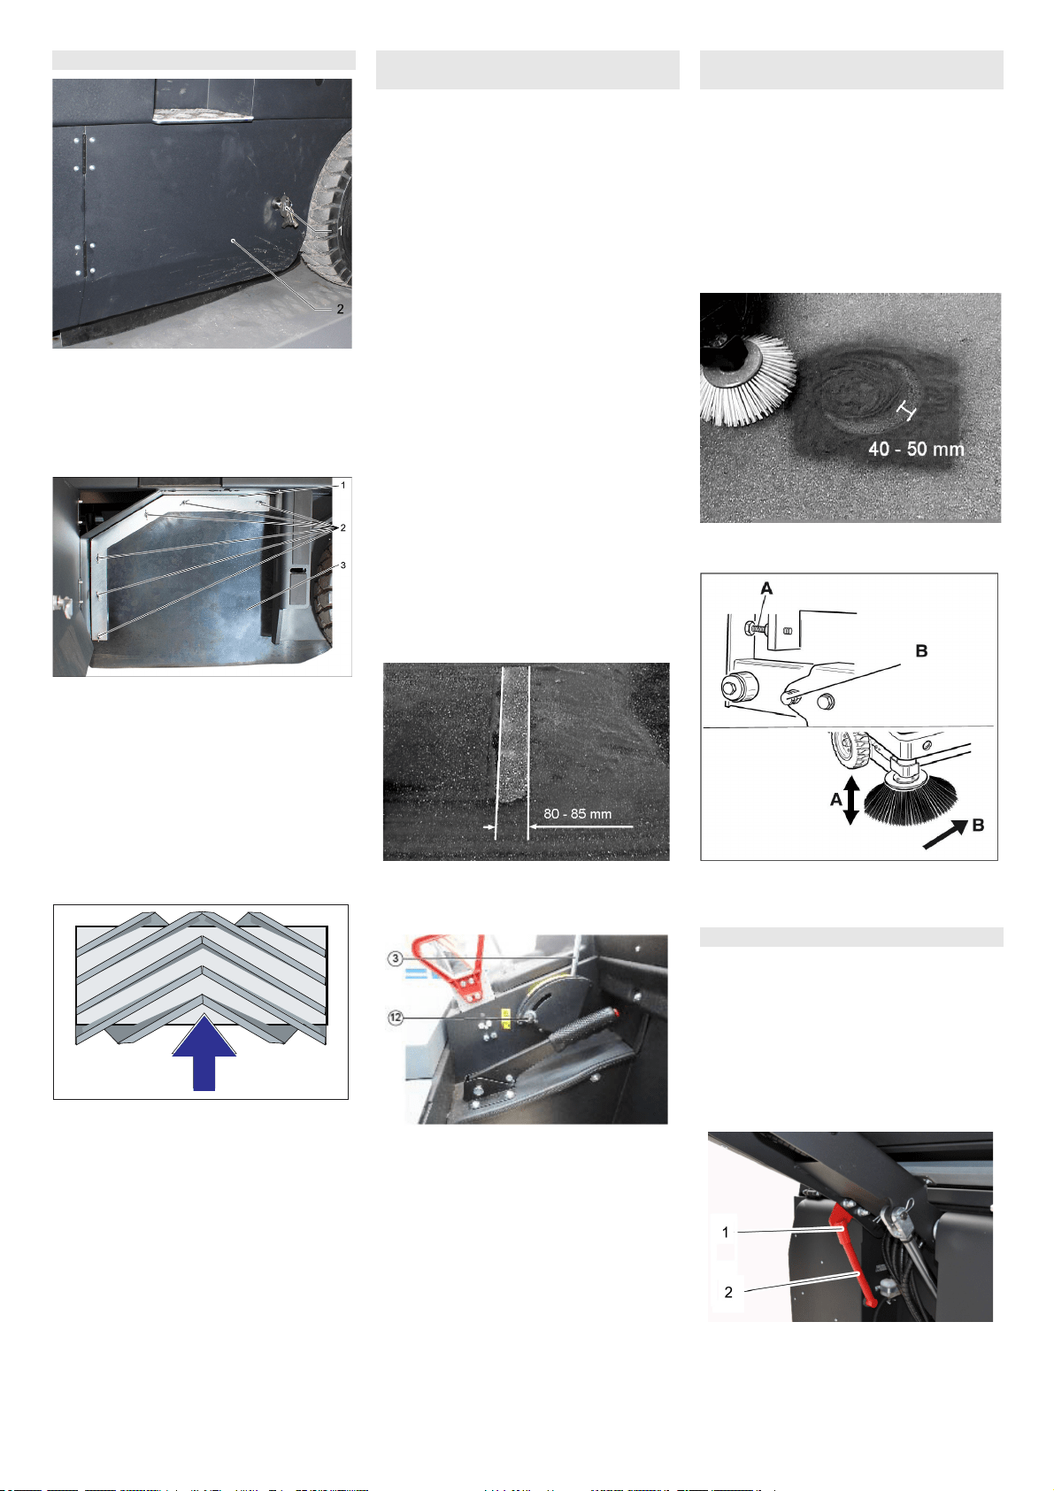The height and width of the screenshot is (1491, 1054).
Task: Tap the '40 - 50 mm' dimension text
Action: [916, 450]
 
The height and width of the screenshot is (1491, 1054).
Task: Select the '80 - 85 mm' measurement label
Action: [577, 813]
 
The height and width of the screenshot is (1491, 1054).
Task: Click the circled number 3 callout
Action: [396, 958]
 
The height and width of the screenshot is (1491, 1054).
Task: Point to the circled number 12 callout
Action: [396, 1018]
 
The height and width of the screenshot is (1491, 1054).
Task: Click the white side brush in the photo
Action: [748, 380]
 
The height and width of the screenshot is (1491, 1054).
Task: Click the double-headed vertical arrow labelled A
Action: [851, 799]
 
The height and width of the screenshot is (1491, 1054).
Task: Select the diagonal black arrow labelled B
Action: [945, 834]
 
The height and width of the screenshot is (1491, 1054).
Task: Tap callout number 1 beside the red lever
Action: [726, 1232]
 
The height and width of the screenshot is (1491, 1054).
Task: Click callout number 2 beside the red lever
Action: [728, 1292]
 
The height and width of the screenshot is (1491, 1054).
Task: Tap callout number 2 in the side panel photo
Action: [340, 309]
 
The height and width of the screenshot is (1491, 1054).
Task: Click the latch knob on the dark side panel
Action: [284, 212]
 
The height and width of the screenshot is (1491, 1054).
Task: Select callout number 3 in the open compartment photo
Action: [342, 565]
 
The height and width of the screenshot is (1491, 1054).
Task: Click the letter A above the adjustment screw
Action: [766, 588]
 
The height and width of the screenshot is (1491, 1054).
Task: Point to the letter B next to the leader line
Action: [921, 650]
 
